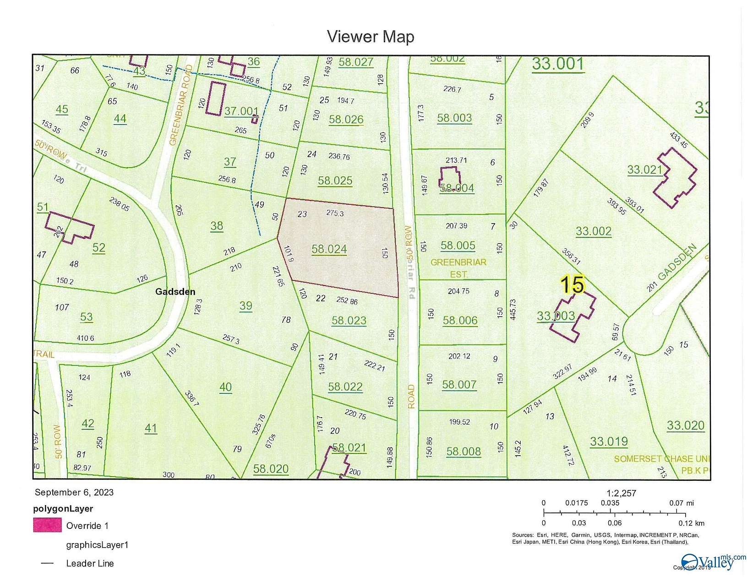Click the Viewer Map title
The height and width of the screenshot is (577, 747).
click(x=371, y=37)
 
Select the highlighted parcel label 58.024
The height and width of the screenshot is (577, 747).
click(x=329, y=249)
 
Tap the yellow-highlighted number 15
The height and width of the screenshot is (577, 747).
click(x=573, y=284)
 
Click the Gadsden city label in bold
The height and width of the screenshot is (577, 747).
click(x=175, y=292)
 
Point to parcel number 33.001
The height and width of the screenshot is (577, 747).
click(x=558, y=64)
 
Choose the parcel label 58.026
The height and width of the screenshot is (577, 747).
click(x=346, y=120)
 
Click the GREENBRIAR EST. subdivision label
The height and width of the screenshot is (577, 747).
click(x=458, y=268)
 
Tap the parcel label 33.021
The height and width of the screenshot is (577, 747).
click(x=645, y=170)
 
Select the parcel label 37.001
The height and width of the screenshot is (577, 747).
click(x=241, y=111)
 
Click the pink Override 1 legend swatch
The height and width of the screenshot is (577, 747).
click(x=47, y=525)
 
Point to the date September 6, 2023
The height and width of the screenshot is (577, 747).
click(x=74, y=492)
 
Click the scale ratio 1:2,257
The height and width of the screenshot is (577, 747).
click(x=621, y=493)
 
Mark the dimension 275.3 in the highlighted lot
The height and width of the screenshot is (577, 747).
click(x=335, y=213)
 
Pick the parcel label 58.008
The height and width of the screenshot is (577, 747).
click(x=463, y=452)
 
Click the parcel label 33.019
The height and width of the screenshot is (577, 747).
click(x=608, y=441)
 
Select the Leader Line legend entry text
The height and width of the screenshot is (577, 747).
click(x=90, y=563)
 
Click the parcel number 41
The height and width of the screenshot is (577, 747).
click(x=151, y=428)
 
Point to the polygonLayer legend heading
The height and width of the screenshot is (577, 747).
click(x=63, y=509)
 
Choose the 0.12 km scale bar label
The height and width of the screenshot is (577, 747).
click(x=691, y=523)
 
